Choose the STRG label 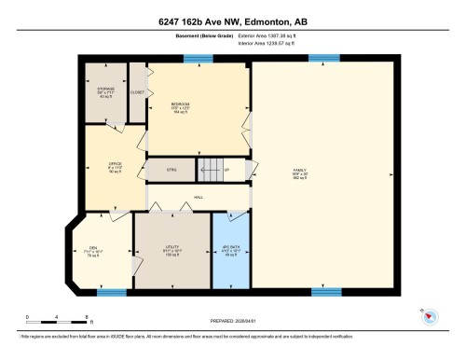click(171, 171)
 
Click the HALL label click(198, 198)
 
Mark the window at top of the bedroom click(196, 59)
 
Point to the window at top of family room click(323, 59)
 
